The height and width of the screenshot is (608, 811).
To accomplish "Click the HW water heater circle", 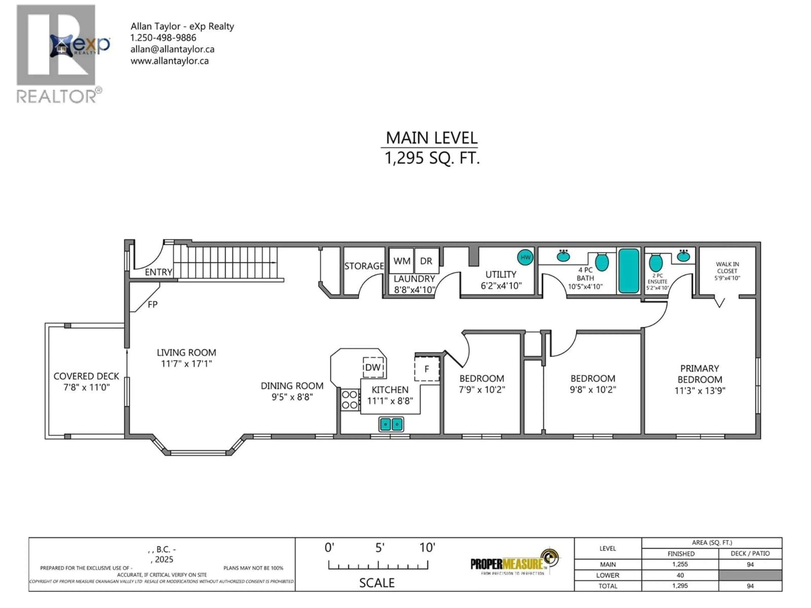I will click(x=525, y=257).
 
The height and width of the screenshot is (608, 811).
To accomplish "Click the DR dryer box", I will click(x=426, y=261).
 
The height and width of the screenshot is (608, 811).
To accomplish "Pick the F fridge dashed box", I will click(x=427, y=369).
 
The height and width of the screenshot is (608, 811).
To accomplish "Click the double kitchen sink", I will click(x=391, y=424).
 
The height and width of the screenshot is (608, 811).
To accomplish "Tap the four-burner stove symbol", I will click(x=349, y=399).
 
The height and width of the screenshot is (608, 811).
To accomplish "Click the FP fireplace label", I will click(x=152, y=304).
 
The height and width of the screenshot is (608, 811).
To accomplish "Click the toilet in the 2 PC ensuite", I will click(x=656, y=263).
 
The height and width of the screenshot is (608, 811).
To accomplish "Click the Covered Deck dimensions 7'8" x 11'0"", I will click(x=87, y=387).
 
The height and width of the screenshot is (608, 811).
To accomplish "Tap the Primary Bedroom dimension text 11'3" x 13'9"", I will click(x=699, y=391).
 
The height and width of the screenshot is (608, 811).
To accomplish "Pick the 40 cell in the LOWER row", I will click(x=680, y=575).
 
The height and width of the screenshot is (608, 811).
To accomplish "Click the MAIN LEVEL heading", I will click(x=431, y=138).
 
